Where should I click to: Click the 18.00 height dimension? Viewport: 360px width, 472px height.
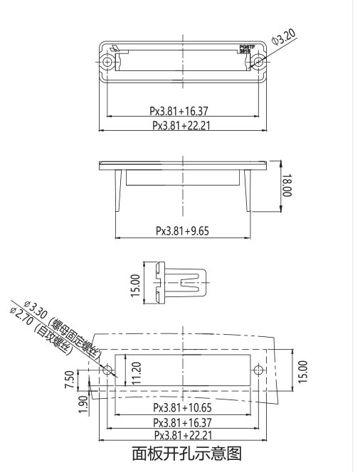click(286, 187)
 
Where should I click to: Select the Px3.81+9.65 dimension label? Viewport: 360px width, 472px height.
click(183, 231)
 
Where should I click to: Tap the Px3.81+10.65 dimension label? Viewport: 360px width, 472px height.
click(183, 409)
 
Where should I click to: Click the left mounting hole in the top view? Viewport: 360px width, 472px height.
click(107, 62)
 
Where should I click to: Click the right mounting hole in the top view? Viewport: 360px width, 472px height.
click(258, 62)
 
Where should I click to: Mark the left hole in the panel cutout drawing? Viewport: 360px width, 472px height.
click(107, 370)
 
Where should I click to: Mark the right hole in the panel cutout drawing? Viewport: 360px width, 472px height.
click(258, 370)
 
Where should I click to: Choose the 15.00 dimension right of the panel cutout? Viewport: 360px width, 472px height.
click(302, 370)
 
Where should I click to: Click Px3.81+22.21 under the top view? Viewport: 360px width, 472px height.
click(183, 125)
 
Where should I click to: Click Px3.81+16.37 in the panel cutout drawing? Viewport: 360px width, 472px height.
click(183, 422)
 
